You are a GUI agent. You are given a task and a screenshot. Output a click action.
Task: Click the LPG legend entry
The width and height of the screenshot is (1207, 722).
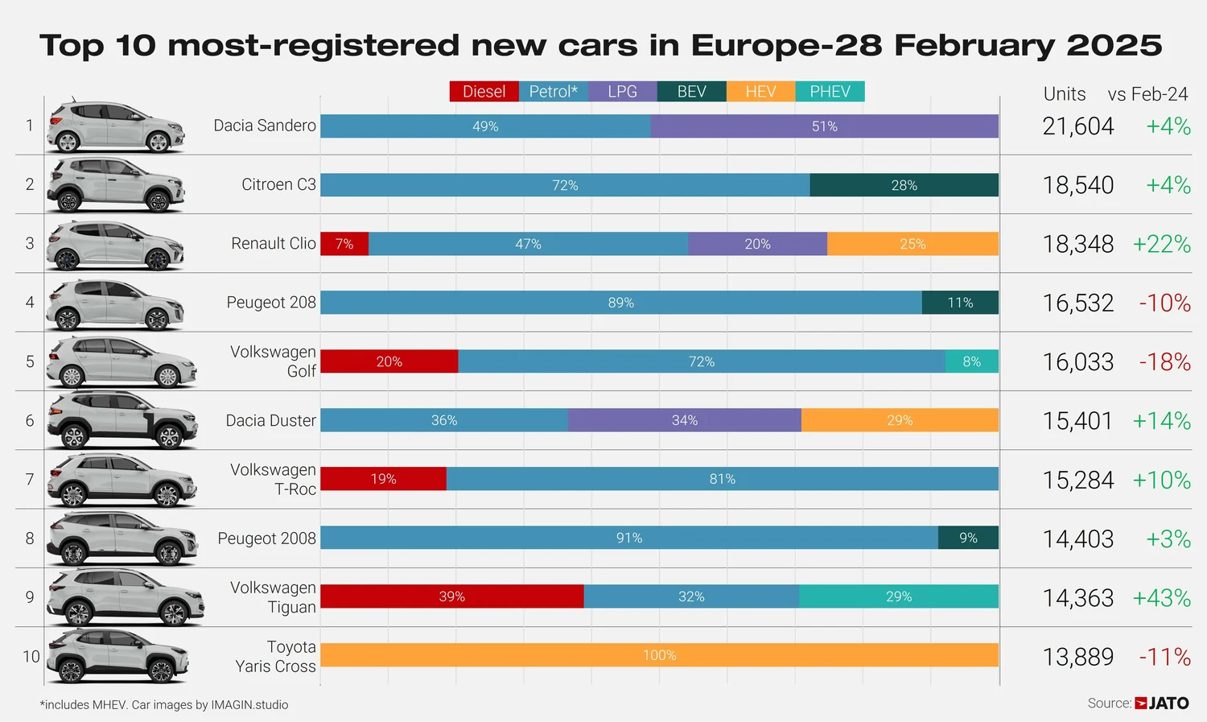(x=622, y=92)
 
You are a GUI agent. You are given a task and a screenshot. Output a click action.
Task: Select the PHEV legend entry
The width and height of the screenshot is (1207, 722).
(x=830, y=92)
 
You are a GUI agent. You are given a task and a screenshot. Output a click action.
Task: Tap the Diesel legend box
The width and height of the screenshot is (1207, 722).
(x=484, y=92)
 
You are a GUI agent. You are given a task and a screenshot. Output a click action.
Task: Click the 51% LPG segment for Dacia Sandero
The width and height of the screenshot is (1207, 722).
(x=825, y=126)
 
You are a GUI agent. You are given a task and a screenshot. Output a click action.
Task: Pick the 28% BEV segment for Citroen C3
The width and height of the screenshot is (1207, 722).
(x=904, y=185)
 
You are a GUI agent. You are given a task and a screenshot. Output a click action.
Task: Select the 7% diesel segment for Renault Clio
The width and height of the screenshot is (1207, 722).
(x=344, y=244)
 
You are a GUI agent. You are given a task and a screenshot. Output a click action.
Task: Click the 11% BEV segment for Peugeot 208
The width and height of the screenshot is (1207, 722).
(x=960, y=303)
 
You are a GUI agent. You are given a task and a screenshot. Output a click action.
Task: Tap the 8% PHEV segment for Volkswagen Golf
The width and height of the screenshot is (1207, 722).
(x=972, y=361)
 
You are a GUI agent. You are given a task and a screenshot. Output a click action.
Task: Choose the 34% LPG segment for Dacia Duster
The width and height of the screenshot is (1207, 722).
(x=685, y=420)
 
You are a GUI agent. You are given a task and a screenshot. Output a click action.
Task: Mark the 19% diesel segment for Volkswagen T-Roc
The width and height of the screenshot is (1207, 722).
(x=383, y=479)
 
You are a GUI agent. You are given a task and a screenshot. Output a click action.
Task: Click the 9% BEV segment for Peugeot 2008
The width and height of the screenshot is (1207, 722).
(x=968, y=538)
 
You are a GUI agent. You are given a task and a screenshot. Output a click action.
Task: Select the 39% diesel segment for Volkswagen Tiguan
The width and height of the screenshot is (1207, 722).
(x=451, y=596)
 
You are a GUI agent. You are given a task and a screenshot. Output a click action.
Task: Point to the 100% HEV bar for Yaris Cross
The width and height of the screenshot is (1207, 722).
(x=659, y=655)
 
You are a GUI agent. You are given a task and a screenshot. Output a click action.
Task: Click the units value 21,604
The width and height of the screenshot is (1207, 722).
(x=1078, y=126)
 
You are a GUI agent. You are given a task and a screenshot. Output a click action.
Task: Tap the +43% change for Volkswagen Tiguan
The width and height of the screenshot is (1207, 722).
(x=1161, y=598)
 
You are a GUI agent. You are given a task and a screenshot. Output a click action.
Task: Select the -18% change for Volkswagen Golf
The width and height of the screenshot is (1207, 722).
(x=1164, y=362)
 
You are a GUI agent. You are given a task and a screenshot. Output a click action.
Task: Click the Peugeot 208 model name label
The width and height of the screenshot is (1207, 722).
(x=271, y=303)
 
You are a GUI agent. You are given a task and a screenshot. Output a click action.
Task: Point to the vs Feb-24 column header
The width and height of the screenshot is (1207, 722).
(x=1147, y=94)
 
